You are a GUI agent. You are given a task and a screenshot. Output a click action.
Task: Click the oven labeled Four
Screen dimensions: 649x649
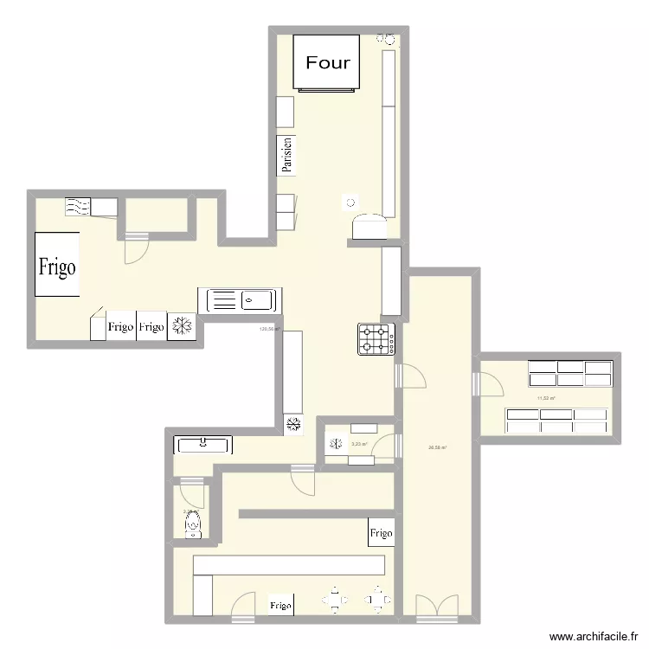click(x=327, y=62)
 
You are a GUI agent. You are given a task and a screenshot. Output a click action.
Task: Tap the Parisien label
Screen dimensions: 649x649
click(x=286, y=156)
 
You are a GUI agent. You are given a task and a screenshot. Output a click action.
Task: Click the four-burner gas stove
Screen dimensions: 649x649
click(x=376, y=338)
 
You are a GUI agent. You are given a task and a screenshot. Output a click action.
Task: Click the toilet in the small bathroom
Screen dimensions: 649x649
click(x=192, y=523)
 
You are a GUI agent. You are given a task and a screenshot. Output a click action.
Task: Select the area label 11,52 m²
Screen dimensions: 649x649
click(x=546, y=398)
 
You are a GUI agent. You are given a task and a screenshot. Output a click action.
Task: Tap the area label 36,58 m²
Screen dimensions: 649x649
click(x=437, y=447)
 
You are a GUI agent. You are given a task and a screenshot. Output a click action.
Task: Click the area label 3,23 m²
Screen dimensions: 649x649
click(x=359, y=445)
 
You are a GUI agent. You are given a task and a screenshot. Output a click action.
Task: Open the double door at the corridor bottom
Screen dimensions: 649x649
click(x=436, y=608)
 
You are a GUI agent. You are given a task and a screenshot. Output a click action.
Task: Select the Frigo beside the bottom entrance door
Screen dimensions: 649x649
click(x=280, y=606)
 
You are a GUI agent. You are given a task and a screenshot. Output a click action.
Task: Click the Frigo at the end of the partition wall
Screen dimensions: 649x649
click(x=381, y=533)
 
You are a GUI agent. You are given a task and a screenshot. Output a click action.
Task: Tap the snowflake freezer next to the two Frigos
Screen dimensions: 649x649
click(x=182, y=326)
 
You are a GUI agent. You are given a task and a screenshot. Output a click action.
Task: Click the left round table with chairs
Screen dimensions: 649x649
click(x=335, y=598)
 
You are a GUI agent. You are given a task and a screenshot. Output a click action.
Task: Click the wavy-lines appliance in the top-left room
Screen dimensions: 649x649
click(x=78, y=206)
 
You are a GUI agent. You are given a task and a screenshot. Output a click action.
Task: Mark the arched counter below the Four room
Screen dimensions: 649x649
click(x=369, y=227)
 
